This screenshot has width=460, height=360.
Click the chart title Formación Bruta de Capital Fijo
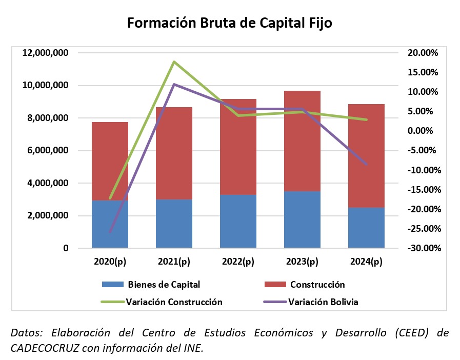click(230, 24)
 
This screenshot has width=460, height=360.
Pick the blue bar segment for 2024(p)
click(366, 228)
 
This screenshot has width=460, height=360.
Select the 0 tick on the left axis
click(66, 248)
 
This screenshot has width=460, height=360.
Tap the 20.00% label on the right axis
click(423, 53)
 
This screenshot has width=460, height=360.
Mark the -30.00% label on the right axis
click(422, 248)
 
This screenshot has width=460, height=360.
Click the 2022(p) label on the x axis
click(238, 262)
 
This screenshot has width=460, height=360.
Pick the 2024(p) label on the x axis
click(366, 262)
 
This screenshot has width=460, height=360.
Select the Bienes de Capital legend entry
click(151, 285)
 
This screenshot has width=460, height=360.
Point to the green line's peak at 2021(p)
click(174, 62)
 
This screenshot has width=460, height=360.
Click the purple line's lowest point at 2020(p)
click(110, 232)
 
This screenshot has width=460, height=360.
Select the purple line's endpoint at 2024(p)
click(366, 164)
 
